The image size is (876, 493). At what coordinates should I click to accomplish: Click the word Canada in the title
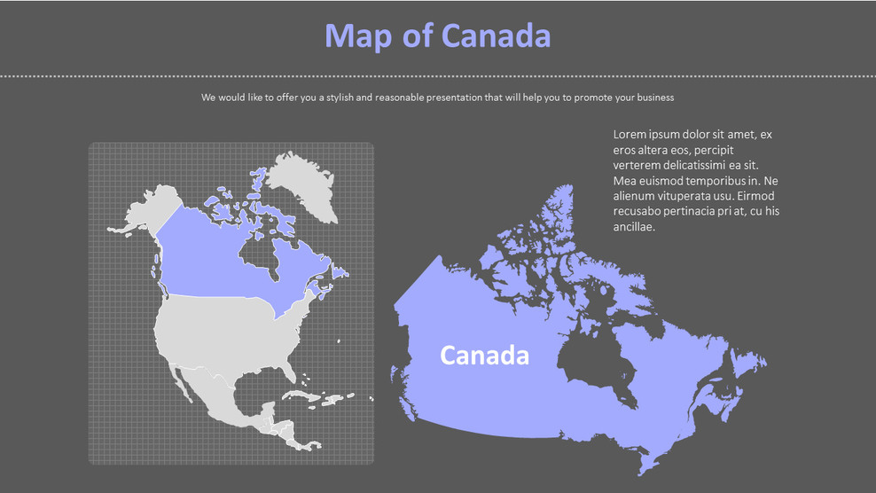496,35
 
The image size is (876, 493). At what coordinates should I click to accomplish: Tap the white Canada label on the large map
484,356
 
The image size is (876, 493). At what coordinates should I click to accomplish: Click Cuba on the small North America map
297,395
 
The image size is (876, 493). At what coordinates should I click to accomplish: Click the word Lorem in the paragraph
629,135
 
